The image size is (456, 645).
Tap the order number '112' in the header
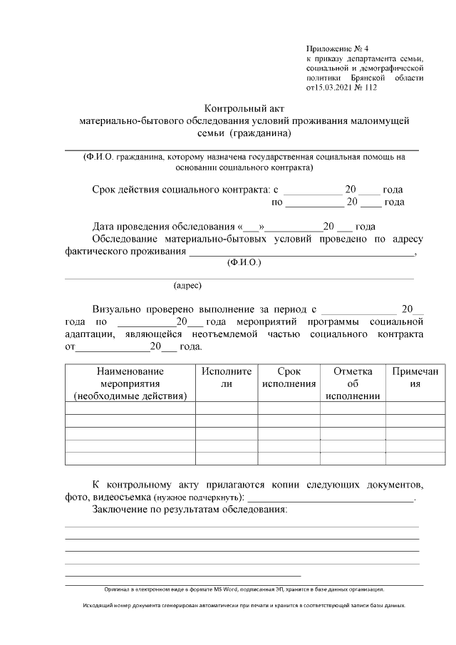coord(368,88)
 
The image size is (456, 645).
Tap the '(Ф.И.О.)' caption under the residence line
coord(244,263)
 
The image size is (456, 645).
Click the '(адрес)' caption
coord(188,286)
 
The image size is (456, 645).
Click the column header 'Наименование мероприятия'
coord(130,383)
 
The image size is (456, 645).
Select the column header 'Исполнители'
coord(227,377)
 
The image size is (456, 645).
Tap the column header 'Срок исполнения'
coord(289,377)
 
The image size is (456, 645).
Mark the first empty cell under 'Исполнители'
coord(227,408)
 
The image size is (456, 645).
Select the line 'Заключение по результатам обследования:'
coord(190,510)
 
